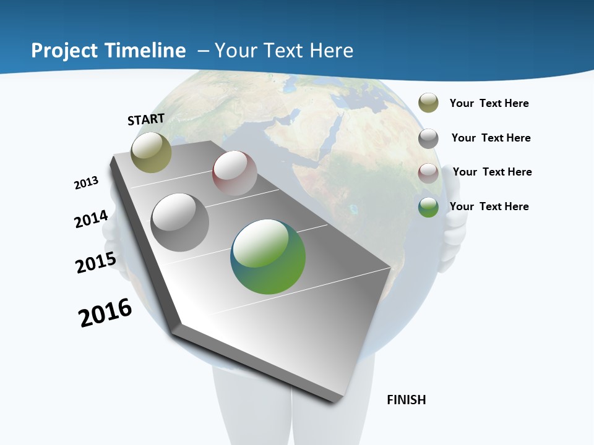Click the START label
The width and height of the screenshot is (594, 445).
coord(146,119)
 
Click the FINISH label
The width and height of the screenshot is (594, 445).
coord(406,400)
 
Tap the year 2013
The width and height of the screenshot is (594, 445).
coord(87,183)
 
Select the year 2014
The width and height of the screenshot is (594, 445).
coord(92,219)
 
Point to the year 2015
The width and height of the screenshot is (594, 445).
coord(96,263)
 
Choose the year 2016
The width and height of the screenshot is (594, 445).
coord(105,313)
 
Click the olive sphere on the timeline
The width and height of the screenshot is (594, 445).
coord(151,152)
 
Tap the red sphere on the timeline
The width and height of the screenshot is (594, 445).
coord(235,173)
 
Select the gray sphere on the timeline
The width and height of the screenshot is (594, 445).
coord(180,222)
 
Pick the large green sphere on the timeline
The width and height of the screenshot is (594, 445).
coord(268,256)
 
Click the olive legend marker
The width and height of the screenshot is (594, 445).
coord(428,103)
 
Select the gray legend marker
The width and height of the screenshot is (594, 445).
coord(428,138)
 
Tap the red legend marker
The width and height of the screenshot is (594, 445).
coord(428,172)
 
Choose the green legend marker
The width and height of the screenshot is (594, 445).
coord(428,207)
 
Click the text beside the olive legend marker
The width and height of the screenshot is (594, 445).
coord(489,103)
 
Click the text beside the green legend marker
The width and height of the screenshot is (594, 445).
coord(489,206)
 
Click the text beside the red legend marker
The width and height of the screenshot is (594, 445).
coord(492,172)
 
